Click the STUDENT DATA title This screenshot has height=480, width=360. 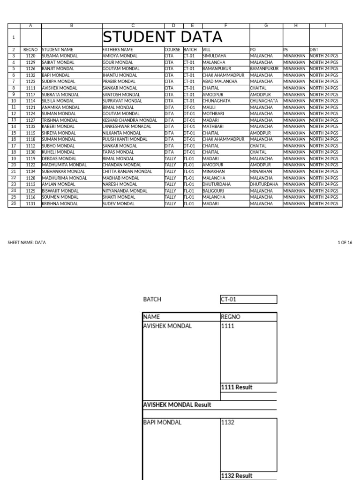162,37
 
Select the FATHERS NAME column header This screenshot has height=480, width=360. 118,49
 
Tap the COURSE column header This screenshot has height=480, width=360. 172,49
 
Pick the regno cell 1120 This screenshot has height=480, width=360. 30,56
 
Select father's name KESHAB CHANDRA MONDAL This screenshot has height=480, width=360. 129,120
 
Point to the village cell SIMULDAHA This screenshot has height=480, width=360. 214,56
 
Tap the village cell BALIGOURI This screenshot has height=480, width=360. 214,191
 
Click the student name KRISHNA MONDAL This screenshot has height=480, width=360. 60,204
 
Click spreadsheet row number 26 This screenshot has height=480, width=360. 14,203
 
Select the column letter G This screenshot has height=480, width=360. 266,25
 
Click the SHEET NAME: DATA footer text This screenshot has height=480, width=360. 27,242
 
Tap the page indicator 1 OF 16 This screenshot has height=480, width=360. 345,242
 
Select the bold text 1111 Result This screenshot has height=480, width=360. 237,387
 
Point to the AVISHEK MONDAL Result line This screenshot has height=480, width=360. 177,405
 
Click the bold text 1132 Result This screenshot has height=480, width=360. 237,475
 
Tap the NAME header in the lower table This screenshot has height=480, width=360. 151,317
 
